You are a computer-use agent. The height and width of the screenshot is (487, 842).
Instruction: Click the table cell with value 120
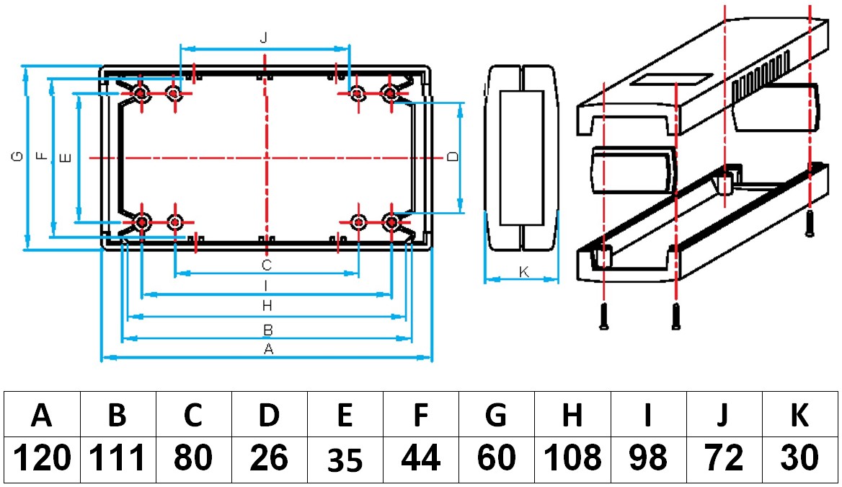tap(43, 458)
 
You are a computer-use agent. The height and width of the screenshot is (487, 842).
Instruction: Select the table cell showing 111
tap(118, 458)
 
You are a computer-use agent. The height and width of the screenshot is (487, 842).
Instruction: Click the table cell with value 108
tap(572, 458)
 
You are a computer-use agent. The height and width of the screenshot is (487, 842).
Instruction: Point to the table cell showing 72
tap(724, 458)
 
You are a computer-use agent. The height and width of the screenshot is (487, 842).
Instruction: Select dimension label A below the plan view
tap(268, 349)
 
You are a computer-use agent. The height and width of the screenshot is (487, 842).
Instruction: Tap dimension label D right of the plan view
tap(452, 157)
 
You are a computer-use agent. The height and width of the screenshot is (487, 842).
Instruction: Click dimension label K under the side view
tap(524, 272)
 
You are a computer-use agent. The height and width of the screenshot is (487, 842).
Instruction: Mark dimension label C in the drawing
tap(266, 264)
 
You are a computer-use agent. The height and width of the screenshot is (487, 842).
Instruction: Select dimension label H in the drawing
tap(267, 306)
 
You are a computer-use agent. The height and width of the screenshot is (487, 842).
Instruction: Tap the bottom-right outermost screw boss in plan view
tap(390, 222)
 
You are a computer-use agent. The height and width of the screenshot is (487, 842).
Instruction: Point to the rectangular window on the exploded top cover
tap(670, 78)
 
